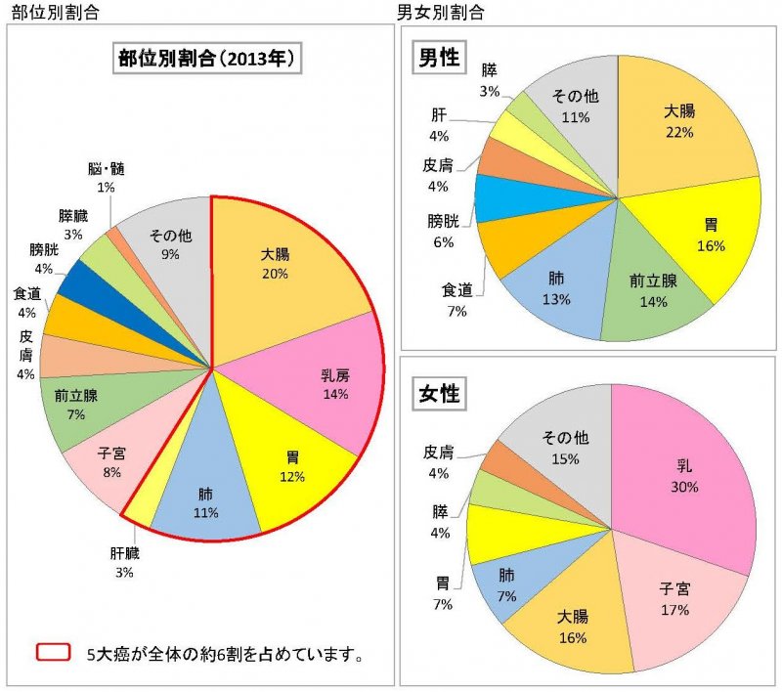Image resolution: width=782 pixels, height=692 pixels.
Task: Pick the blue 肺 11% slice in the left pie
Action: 206,494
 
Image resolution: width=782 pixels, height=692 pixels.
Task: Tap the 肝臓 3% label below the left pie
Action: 125,563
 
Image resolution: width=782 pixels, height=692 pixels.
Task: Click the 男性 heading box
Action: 439,57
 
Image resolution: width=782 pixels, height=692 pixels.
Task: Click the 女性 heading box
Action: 439,394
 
